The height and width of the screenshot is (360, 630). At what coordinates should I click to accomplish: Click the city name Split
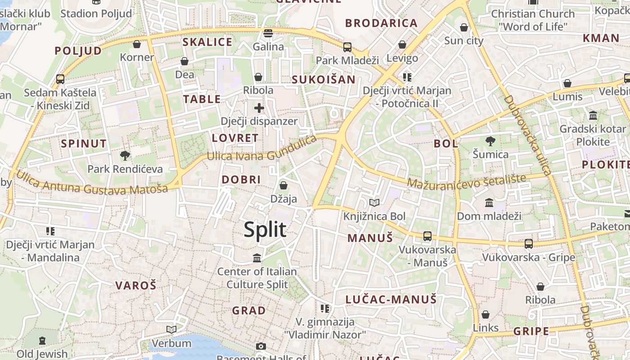coord(265,229)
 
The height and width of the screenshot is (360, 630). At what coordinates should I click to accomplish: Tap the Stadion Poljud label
coord(96,13)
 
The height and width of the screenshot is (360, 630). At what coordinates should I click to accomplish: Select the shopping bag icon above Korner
coord(137,44)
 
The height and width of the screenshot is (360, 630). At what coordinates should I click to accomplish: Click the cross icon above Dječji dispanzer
coord(259,108)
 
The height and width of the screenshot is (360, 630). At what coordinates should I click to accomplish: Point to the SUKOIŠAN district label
coord(324,80)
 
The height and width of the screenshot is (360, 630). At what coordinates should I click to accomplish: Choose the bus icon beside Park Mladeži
coord(347,47)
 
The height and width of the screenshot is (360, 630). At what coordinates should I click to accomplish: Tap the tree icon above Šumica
coord(490,141)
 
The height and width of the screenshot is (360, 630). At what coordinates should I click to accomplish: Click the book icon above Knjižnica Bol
coord(374,202)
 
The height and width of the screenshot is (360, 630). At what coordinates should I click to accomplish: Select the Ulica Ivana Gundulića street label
coord(262,150)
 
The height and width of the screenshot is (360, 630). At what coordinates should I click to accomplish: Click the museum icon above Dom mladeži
coord(489,202)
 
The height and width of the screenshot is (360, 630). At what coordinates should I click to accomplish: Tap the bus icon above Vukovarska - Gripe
coord(529,243)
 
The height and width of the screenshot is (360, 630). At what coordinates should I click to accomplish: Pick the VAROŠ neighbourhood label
coord(135,285)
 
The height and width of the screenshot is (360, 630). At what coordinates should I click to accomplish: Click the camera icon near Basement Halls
coord(261,346)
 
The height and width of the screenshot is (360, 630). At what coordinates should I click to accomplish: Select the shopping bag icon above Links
coord(486,314)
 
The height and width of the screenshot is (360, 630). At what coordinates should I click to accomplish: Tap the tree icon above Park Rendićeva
coord(125,156)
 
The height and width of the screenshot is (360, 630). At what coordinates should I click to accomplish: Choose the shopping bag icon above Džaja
coord(283,185)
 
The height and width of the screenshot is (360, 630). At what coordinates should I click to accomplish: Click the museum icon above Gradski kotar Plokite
coord(593,115)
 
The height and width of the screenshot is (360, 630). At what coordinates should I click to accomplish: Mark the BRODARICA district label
coord(381,23)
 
